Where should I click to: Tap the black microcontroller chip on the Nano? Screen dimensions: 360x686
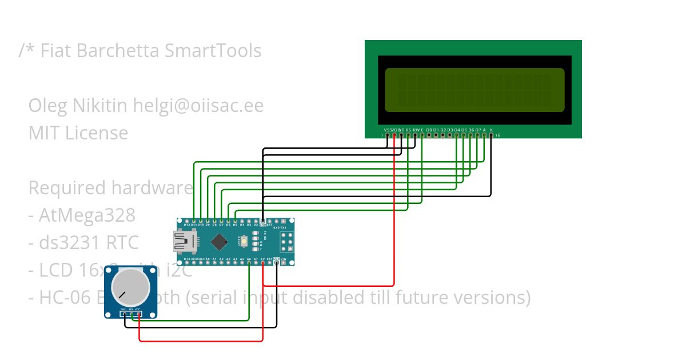point(220,242)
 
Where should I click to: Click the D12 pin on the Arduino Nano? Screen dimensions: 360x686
point(187,221)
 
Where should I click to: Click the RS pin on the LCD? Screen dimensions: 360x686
point(408,135)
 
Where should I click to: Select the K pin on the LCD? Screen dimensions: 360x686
point(491,135)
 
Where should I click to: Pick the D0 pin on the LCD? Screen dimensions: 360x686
point(429,135)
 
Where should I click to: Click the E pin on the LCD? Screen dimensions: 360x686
point(422,135)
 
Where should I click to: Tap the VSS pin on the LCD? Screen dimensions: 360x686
point(388,135)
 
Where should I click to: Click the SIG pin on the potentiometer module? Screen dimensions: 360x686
point(131,313)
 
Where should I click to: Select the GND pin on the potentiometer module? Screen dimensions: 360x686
point(123,313)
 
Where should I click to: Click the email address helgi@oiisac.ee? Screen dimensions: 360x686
point(198,106)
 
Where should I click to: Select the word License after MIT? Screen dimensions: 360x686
point(97,133)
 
